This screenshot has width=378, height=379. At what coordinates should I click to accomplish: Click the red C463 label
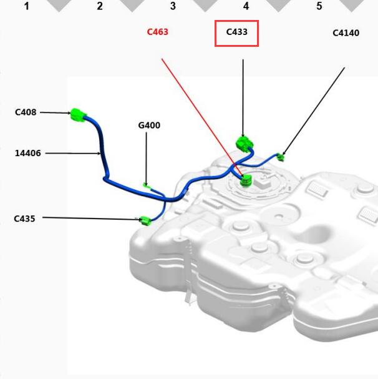click(157, 32)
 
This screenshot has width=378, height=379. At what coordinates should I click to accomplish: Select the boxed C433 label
click(236, 32)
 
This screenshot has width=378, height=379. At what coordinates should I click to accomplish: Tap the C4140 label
click(346, 33)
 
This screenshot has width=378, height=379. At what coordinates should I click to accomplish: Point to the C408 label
click(26, 112)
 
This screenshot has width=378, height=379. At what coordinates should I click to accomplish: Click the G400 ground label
click(149, 126)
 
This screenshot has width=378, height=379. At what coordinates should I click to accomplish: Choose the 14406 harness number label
click(28, 153)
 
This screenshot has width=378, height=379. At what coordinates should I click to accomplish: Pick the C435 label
click(24, 219)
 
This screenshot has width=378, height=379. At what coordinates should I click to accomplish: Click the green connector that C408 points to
click(78, 115)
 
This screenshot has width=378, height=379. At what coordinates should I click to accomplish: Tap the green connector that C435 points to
click(145, 220)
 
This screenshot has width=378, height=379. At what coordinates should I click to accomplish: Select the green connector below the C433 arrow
click(245, 144)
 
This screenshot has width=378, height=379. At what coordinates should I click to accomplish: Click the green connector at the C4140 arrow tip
click(281, 157)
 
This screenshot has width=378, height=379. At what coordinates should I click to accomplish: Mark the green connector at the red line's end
click(246, 180)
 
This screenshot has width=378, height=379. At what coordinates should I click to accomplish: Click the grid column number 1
click(27, 6)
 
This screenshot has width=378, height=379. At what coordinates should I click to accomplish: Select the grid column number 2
click(100, 6)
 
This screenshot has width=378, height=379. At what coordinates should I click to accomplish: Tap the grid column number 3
click(173, 6)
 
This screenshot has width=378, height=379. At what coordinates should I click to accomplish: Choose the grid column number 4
click(246, 6)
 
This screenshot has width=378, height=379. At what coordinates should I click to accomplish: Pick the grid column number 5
click(319, 6)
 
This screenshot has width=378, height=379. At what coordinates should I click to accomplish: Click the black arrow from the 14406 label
click(73, 153)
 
